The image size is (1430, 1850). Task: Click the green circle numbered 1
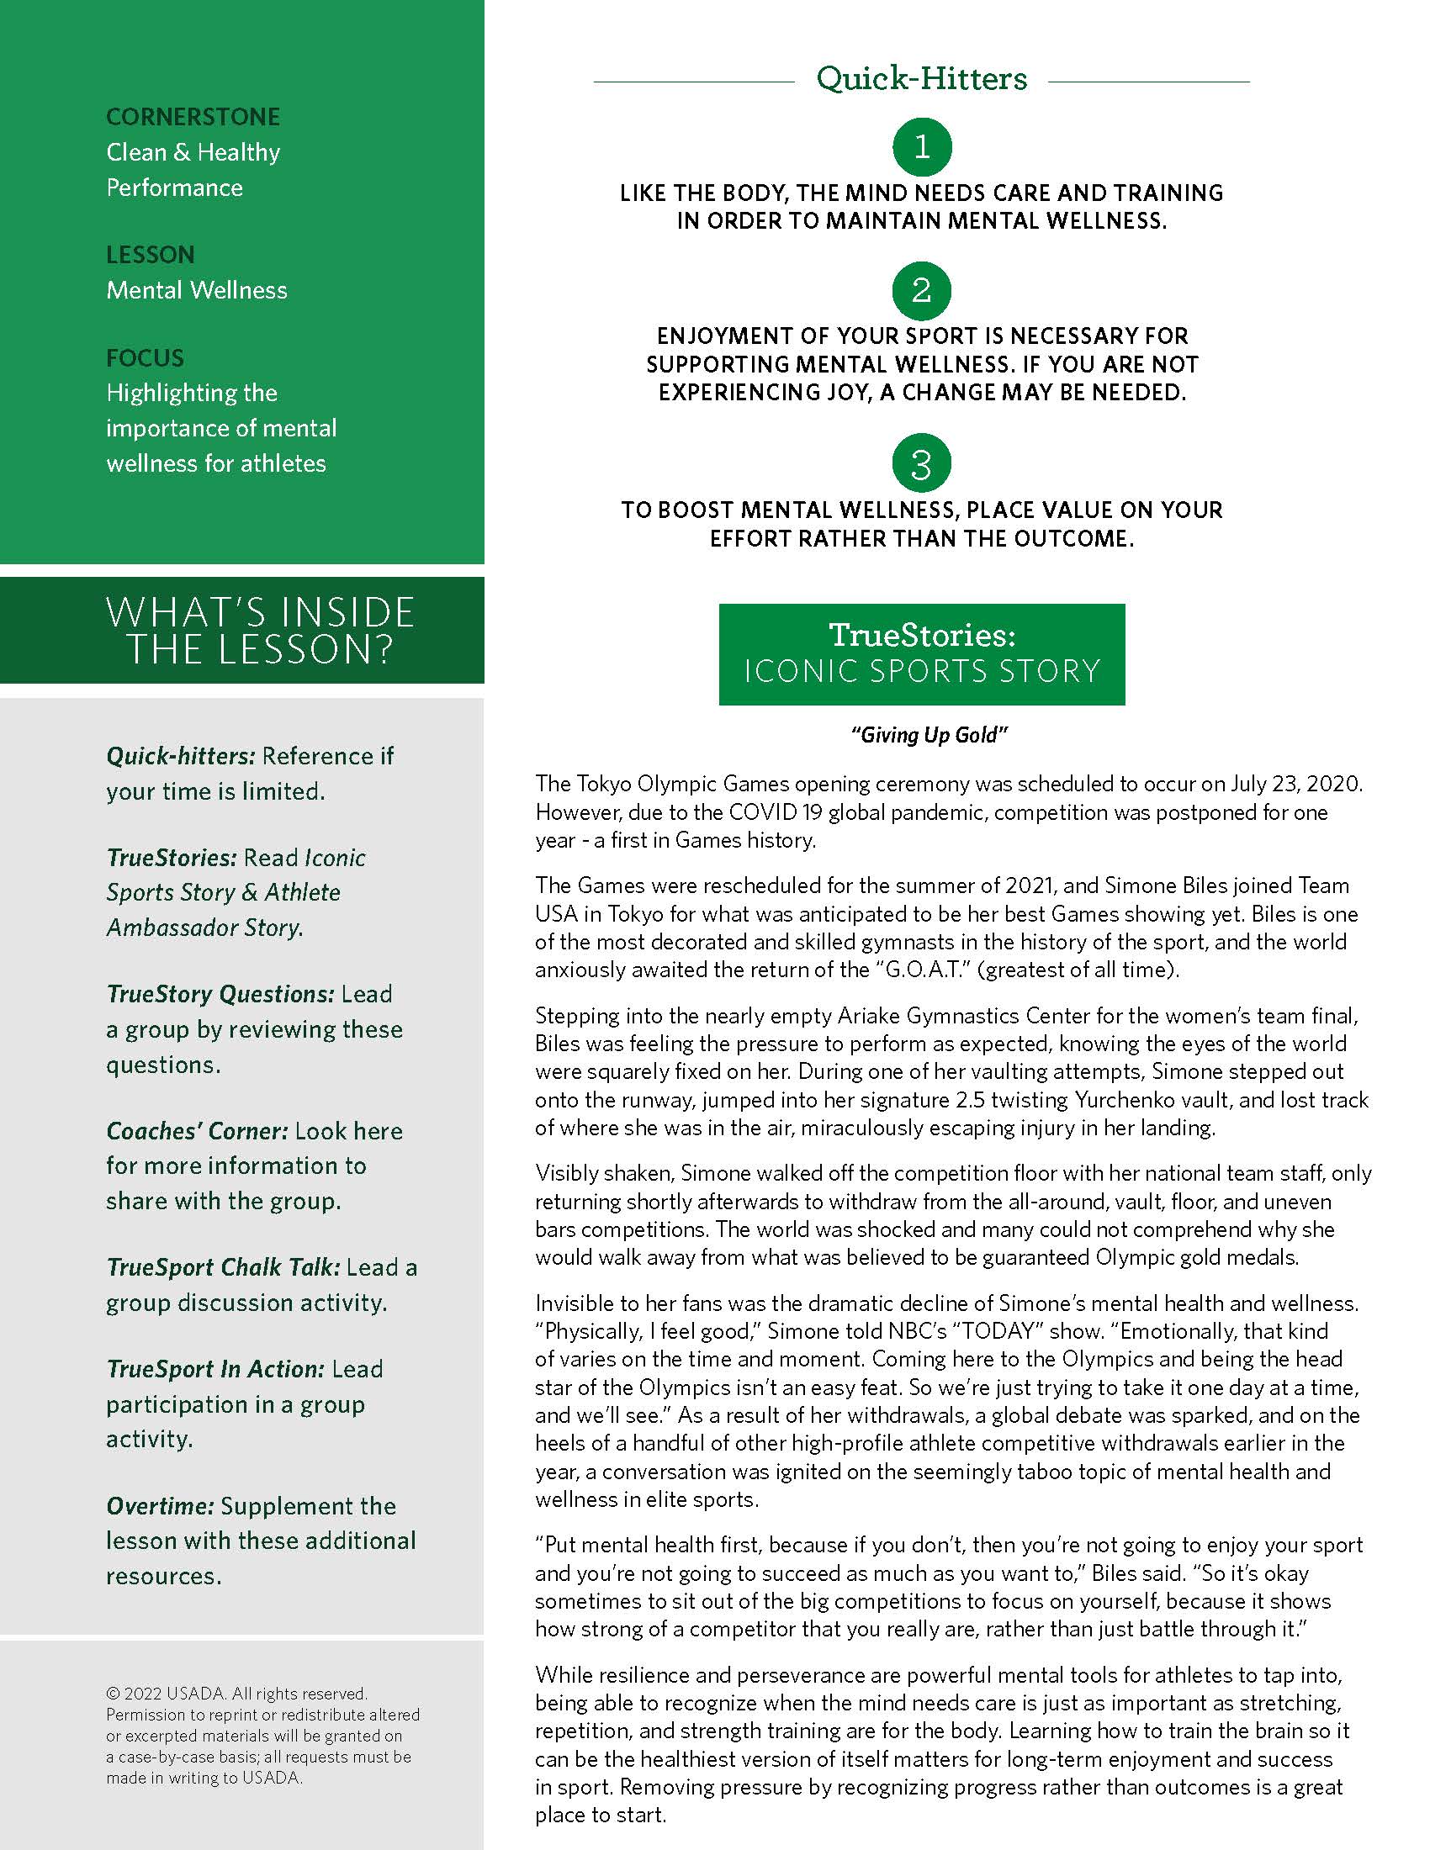pos(922,147)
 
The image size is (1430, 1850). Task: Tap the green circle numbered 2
pos(922,291)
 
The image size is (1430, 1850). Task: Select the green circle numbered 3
pos(922,463)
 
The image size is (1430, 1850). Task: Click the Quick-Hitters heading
pos(922,80)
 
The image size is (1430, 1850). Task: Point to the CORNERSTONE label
pos(193,117)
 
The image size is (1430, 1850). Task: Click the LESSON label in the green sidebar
pos(150,255)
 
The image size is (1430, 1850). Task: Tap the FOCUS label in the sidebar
pos(145,358)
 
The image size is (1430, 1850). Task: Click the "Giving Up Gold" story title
pos(929,735)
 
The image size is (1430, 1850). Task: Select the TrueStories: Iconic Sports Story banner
pos(922,654)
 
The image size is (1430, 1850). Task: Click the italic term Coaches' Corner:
pos(198,1131)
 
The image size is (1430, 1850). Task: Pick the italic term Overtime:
pos(160,1506)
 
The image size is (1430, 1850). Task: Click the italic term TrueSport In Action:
pos(215,1369)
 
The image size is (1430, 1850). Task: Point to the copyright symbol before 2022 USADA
pos(113,1694)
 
